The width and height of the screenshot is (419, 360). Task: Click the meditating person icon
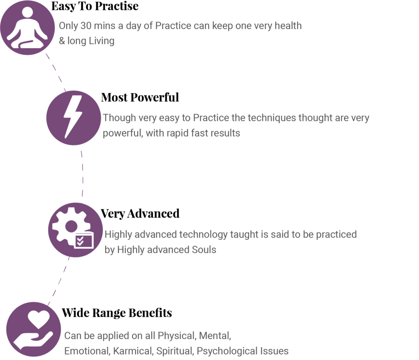point(27,28)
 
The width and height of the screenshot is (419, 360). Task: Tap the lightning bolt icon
point(73,117)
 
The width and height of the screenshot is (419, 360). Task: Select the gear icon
point(71,227)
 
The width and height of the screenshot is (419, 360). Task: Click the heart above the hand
point(39,319)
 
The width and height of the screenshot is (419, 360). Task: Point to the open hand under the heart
point(33,340)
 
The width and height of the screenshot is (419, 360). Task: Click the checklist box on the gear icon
point(84,241)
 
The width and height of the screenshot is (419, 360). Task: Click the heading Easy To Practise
point(95,7)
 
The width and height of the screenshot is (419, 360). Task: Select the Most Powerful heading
point(140,97)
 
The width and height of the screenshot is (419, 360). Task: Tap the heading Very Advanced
point(140,214)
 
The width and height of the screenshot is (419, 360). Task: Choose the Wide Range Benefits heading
point(117,313)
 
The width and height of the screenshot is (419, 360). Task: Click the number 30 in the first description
point(86,26)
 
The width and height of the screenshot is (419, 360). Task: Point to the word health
point(288,26)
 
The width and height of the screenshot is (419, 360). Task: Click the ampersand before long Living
point(62,41)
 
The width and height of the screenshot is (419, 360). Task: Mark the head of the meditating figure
point(27,12)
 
